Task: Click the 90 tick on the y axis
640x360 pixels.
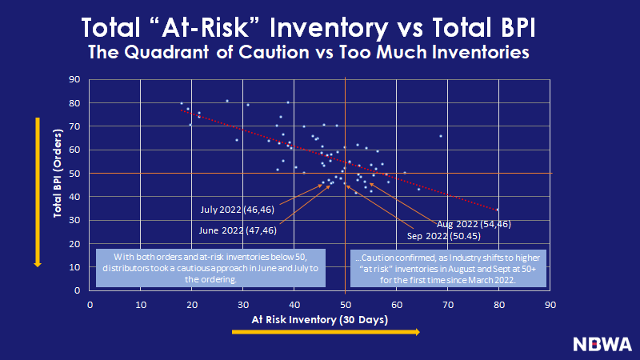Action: tap(74, 79)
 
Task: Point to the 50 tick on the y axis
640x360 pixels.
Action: tap(74, 174)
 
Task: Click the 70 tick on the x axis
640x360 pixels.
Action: tap(448, 304)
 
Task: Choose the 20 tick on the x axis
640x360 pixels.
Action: tap(192, 304)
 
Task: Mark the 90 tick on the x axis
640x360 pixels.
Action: tap(550, 304)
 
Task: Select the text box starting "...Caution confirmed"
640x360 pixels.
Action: tap(448, 267)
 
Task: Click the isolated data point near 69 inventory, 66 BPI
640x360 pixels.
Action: tap(441, 136)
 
